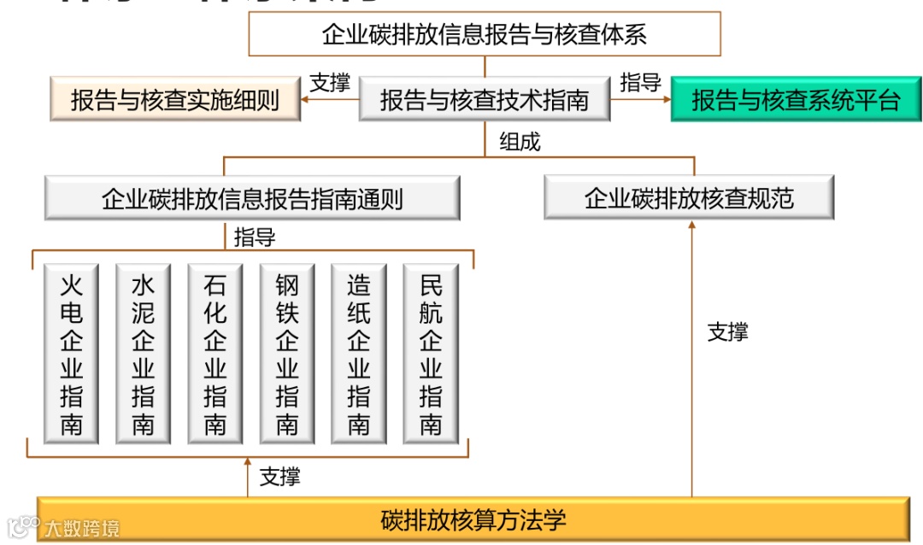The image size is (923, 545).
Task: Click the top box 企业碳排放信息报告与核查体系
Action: pyautogui.click(x=485, y=34)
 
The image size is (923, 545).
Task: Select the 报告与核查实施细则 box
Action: pyautogui.click(x=175, y=100)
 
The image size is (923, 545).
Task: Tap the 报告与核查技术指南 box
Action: pyautogui.click(x=485, y=100)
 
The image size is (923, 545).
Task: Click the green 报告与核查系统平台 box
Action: pyautogui.click(x=796, y=100)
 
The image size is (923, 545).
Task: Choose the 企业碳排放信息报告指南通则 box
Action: pyautogui.click(x=252, y=199)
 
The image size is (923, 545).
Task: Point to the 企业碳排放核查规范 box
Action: pyautogui.click(x=689, y=198)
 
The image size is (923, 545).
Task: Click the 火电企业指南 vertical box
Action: pyautogui.click(x=72, y=354)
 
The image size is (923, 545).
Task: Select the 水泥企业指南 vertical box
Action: pyautogui.click(x=143, y=354)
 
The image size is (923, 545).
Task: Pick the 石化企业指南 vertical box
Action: pyautogui.click(x=215, y=354)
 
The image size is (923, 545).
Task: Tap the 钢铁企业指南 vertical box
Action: pyautogui.click(x=286, y=354)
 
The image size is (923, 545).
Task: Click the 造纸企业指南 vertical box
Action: pyautogui.click(x=358, y=354)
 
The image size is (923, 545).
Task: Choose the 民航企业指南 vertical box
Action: pyautogui.click(x=430, y=354)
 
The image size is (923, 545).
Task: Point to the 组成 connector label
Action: pyautogui.click(x=520, y=142)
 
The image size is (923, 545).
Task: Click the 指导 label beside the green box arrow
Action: pyautogui.click(x=640, y=82)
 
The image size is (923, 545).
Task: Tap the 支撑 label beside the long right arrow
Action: pyautogui.click(x=727, y=331)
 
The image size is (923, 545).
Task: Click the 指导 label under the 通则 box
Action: pyautogui.click(x=255, y=237)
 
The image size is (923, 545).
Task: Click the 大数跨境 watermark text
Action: pyautogui.click(x=82, y=528)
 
